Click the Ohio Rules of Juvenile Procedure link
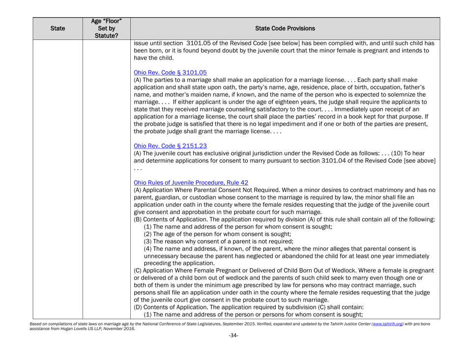(186, 179)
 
